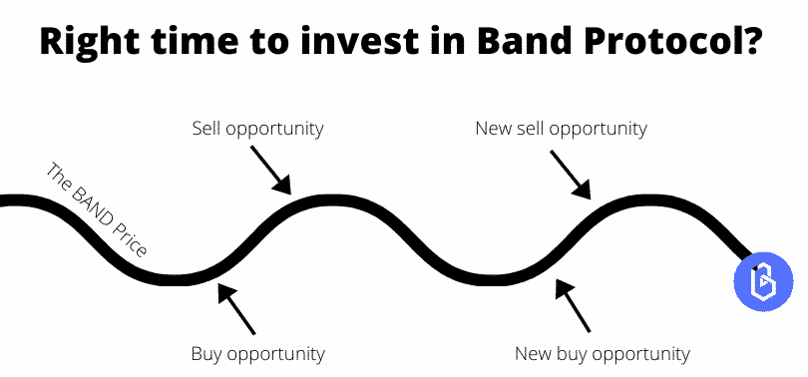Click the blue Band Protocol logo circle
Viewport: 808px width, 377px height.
click(x=762, y=279)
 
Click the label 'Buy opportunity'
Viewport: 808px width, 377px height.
click(x=257, y=353)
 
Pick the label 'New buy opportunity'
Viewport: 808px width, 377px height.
click(x=602, y=353)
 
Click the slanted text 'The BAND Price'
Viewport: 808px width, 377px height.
click(x=97, y=210)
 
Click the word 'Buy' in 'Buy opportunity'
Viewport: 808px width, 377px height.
click(x=206, y=353)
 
